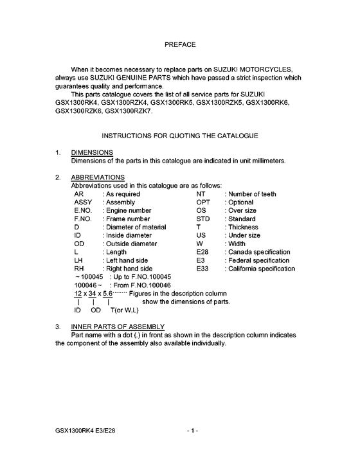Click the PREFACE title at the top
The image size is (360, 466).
click(x=180, y=45)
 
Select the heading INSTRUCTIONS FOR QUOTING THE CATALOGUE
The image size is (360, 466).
click(x=180, y=136)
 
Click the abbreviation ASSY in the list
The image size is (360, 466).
click(x=84, y=202)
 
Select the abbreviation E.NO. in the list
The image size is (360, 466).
click(x=84, y=210)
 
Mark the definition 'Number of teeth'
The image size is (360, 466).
click(x=252, y=193)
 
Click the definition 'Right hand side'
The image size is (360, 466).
click(x=127, y=269)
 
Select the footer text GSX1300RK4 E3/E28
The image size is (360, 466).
click(x=85, y=429)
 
